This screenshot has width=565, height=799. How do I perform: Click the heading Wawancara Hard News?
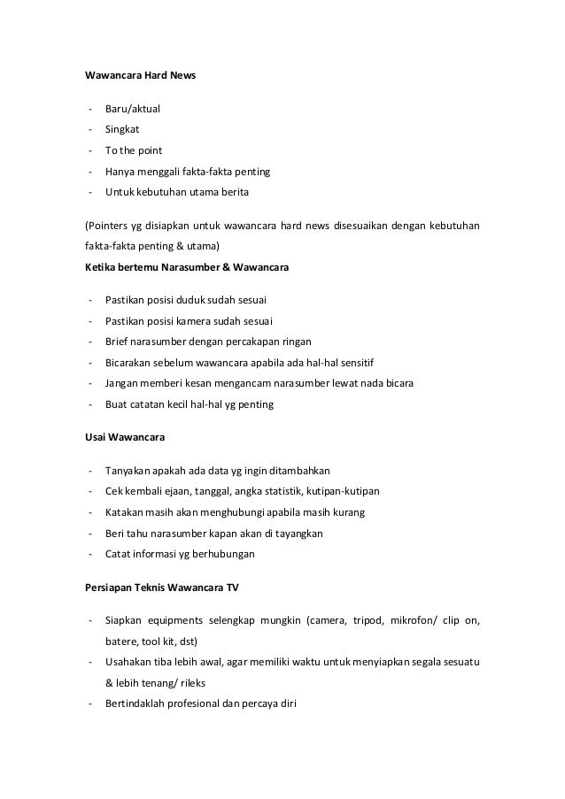tap(140, 76)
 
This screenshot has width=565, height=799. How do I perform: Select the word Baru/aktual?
tap(133, 109)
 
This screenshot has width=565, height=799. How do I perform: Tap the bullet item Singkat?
tap(122, 129)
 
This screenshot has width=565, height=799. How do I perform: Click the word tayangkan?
tap(297, 534)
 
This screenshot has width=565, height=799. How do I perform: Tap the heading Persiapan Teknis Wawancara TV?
tap(162, 588)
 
